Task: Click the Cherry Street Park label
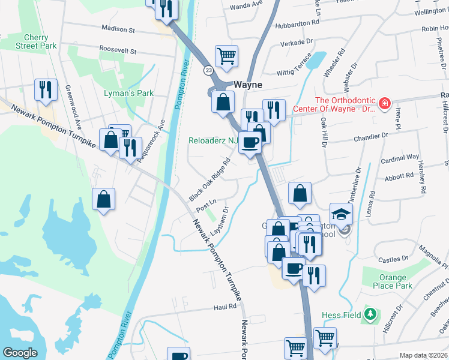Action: point(36,41)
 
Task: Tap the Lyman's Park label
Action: point(128,93)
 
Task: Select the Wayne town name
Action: point(248,85)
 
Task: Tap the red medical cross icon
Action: point(384,104)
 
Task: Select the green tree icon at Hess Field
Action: point(371,314)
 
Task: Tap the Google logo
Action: point(20,353)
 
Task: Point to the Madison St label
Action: point(118,29)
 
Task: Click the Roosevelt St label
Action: point(118,51)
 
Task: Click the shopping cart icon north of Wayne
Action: point(226,56)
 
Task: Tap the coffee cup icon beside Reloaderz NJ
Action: point(250,142)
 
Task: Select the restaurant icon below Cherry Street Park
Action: point(46,89)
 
